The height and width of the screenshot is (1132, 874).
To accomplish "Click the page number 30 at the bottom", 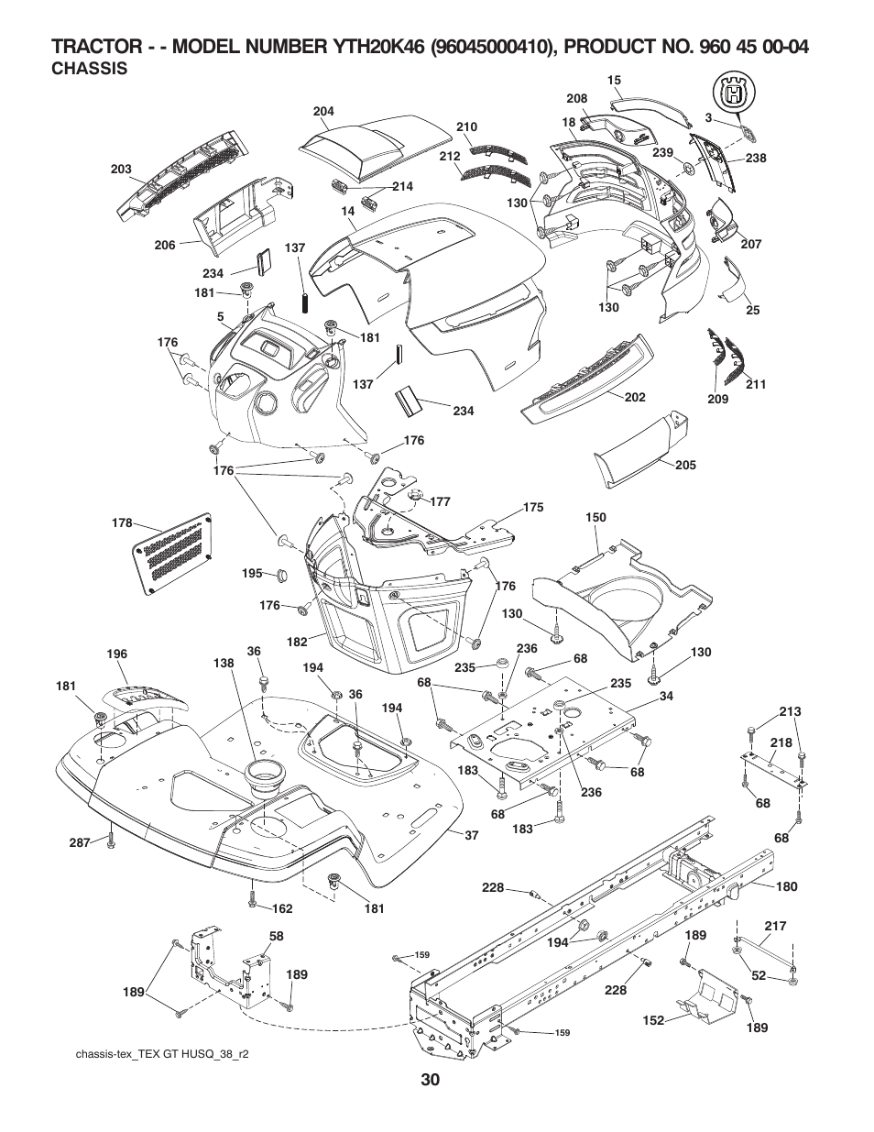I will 432,1081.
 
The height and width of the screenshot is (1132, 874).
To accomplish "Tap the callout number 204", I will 323,111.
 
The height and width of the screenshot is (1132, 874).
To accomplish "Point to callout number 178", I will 122,523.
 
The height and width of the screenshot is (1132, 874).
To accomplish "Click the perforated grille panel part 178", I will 174,547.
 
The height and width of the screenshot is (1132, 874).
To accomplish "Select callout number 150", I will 595,518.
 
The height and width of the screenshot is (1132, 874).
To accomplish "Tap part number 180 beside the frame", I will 786,886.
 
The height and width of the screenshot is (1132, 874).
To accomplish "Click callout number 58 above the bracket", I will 276,937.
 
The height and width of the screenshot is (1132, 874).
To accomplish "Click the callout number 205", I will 685,465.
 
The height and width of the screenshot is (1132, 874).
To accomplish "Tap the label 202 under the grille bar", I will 635,397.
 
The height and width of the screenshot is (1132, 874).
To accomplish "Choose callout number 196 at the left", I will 116,654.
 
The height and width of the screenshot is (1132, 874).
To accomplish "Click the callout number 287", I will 81,841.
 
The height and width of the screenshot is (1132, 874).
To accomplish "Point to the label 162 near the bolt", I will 282,908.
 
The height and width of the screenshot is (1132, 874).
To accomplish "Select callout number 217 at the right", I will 776,927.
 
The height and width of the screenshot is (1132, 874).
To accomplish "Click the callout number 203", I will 122,170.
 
